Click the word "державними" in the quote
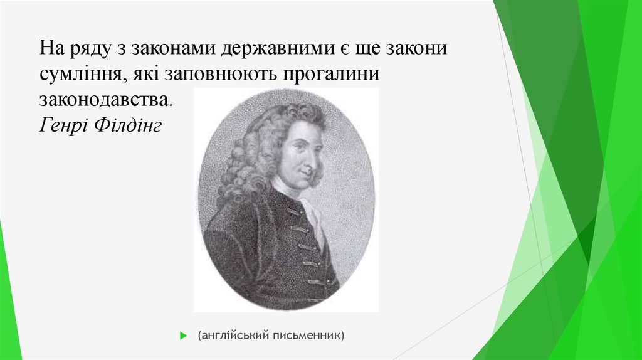pyautogui.click(x=273, y=48)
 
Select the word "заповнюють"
pyautogui.click(x=223, y=74)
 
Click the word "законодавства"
pyautogui.click(x=103, y=99)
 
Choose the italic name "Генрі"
pyautogui.click(x=64, y=125)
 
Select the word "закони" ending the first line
pyautogui.click(x=416, y=48)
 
